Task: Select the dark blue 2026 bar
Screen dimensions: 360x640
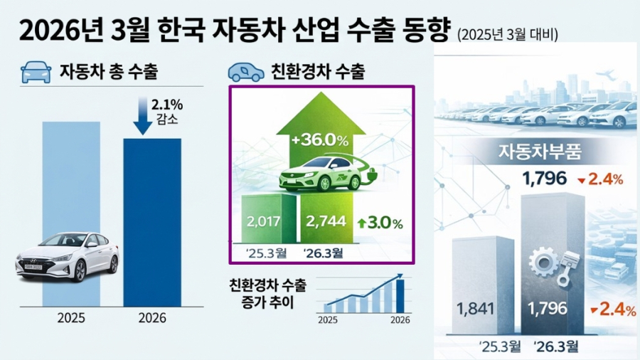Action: coord(152,221)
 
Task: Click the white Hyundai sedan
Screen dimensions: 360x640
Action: coord(67,255)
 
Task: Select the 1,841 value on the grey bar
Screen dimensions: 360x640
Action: coord(476,309)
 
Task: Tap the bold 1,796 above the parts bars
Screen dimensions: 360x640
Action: coord(545,179)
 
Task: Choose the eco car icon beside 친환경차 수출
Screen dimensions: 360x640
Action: coord(245,72)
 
